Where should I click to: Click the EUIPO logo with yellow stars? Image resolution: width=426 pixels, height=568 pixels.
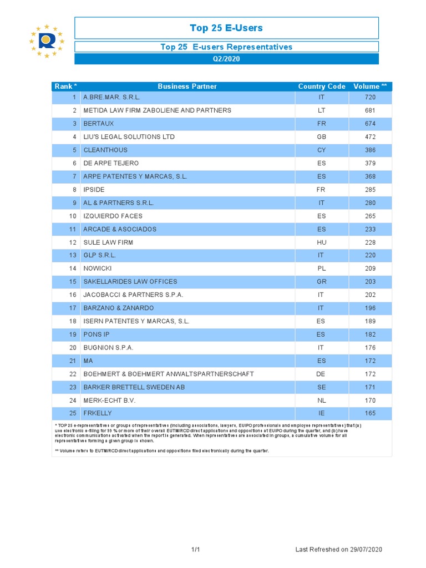click(47, 40)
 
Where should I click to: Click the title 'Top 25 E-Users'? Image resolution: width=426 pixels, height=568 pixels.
click(226, 28)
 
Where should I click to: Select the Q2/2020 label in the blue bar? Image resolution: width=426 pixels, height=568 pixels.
click(226, 59)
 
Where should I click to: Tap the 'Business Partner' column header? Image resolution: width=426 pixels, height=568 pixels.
click(187, 87)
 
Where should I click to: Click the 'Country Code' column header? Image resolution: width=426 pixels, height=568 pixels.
click(322, 87)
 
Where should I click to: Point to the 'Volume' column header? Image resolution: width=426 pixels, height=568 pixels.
click(370, 87)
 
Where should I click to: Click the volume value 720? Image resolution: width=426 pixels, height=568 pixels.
click(370, 97)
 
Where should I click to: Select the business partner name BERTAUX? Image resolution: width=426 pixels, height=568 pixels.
click(98, 124)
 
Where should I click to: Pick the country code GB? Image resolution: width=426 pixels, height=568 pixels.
click(321, 137)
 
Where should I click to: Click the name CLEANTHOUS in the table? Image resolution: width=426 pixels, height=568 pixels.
click(105, 150)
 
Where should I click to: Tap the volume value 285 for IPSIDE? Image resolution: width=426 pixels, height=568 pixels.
click(370, 190)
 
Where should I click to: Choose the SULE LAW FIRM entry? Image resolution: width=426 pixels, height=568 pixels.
click(108, 242)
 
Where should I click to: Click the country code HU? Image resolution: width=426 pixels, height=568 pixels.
click(321, 242)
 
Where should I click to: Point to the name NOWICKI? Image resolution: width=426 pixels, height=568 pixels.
click(98, 268)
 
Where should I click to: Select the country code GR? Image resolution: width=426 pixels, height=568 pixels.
click(321, 282)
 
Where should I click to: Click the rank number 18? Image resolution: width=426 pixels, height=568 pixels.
click(73, 321)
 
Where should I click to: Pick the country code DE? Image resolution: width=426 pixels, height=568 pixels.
click(321, 374)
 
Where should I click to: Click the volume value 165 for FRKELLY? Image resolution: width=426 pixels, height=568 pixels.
click(370, 413)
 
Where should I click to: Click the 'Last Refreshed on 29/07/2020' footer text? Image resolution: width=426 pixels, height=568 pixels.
click(339, 550)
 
